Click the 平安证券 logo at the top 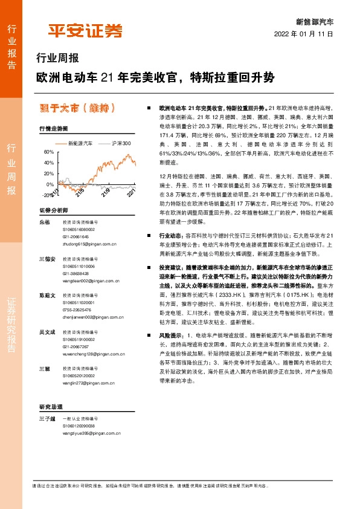click(85, 30)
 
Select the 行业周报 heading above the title click(58, 59)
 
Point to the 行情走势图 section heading click(54, 129)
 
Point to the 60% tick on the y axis click(49, 152)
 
